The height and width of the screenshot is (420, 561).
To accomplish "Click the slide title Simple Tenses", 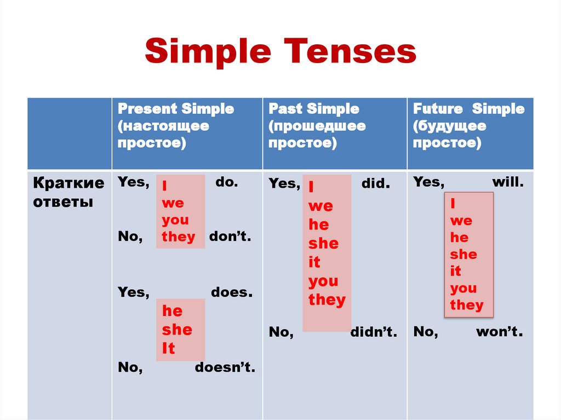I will pos(280,53).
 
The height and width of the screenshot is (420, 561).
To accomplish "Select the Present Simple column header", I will pos(175,126).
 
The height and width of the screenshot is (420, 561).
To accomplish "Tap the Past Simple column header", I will pos(317,126).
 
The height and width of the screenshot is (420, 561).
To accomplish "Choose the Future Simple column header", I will pos(468,126).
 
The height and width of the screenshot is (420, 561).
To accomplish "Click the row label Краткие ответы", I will pos(69,192).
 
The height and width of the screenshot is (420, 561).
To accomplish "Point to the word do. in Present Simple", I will pos(226,182).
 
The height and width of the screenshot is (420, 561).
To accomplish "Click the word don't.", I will pos(230,237).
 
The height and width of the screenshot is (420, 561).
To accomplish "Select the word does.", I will pos(231,292).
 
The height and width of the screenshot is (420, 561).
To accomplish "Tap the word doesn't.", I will pos(225,368).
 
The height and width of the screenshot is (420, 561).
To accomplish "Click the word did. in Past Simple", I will pos(376,184).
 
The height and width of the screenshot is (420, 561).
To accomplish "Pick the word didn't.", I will pos(373,332).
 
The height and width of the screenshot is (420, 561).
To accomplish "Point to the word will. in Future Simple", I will pos(508,182).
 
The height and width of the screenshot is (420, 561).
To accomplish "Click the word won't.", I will pos(499,332).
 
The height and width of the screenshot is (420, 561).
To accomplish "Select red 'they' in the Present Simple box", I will pos(179,237).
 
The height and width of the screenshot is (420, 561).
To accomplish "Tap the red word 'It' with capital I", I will pos(168,349).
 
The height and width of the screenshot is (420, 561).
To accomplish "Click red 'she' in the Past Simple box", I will pos(323,244).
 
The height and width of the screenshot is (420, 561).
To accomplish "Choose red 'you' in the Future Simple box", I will pos(463,288).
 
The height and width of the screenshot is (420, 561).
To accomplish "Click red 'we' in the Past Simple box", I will pos(320,206).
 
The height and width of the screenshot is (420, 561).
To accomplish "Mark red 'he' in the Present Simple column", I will pos(172,311).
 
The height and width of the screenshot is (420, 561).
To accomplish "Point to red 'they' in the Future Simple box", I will pos(467,305).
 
